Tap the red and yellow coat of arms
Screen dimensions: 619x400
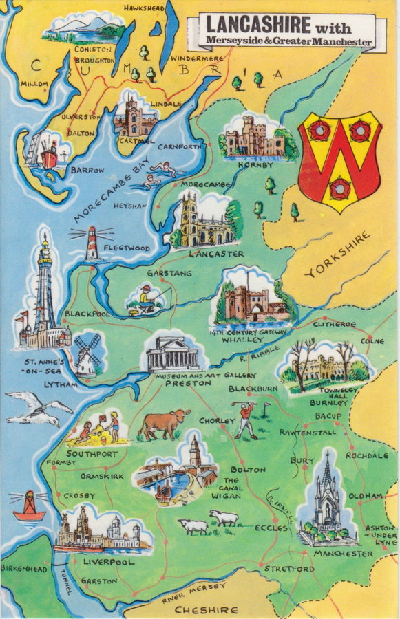coord(339,160)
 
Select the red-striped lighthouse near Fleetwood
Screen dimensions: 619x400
coord(92,244)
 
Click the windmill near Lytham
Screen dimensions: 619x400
coord(87,355)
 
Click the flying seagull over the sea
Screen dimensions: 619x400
coord(38,409)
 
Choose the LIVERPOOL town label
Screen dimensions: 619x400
coord(108,562)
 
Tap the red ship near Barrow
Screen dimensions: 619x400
coord(49,155)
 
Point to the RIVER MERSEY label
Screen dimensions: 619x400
coord(193,593)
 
